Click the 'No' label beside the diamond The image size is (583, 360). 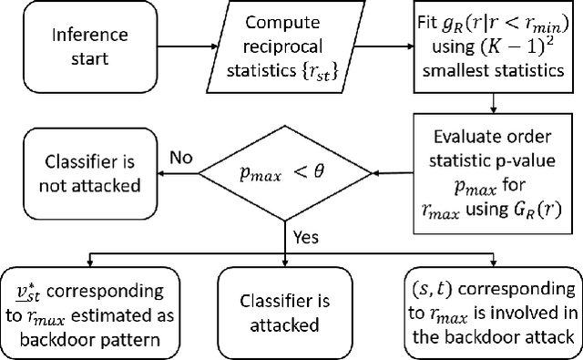[x=180, y=157]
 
